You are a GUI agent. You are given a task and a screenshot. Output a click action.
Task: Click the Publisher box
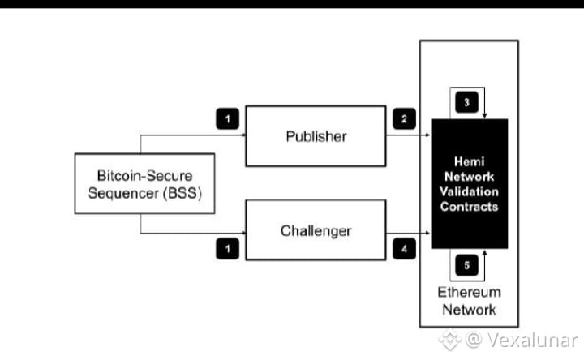point(316,136)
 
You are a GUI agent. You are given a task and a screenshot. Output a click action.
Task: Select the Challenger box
point(316,230)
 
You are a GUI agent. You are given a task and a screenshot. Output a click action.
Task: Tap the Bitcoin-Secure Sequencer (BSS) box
point(144,183)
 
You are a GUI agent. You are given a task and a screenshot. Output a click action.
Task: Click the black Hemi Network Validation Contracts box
point(470,183)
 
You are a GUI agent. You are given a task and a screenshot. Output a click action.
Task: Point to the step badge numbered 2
point(404,118)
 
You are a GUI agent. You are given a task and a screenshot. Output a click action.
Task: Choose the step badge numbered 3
point(466,102)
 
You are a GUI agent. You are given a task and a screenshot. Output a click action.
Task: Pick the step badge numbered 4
point(404,248)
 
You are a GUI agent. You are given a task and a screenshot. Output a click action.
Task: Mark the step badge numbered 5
point(466,265)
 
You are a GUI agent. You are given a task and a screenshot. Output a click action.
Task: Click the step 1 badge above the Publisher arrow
point(228,118)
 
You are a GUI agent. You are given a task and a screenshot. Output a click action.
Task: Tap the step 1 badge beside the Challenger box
point(228,248)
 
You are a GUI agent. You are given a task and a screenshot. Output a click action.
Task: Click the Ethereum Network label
point(470,301)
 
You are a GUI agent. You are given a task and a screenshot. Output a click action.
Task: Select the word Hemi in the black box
point(470,161)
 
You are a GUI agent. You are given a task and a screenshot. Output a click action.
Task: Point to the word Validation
point(470,191)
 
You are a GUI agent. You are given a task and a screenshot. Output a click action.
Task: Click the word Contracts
point(470,207)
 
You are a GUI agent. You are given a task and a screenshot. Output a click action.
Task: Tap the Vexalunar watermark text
point(532,340)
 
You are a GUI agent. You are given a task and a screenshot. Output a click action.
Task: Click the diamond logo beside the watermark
point(449,340)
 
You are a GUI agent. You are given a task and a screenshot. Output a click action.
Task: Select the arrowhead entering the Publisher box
point(244,135)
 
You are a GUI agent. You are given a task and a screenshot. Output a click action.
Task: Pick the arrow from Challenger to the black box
point(409,233)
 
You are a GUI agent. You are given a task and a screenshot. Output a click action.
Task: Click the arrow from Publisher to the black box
point(409,135)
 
